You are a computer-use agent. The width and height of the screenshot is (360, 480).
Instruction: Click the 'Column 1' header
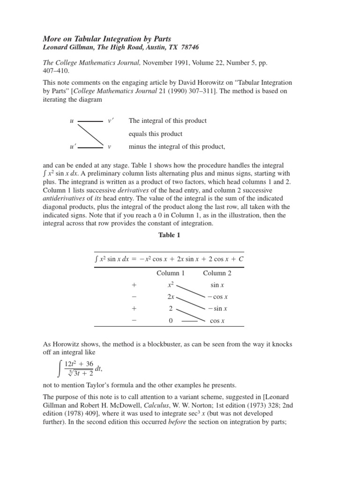coord(171,273)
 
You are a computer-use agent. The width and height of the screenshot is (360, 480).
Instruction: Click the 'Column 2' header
coord(217,273)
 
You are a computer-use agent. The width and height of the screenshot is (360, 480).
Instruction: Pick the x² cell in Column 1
coord(171,285)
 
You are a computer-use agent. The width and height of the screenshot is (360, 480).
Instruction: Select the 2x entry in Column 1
coord(171,297)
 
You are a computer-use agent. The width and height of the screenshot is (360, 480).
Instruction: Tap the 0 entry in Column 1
coord(171,321)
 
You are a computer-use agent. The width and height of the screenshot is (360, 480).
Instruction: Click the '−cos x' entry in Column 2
coord(217,297)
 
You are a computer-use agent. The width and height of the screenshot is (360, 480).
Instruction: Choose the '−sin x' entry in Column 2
coord(217,309)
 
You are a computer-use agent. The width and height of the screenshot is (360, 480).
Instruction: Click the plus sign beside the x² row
coord(134,285)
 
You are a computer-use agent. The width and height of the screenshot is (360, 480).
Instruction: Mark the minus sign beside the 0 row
coord(134,321)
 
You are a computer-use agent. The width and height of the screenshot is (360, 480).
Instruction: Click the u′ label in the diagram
coord(72,147)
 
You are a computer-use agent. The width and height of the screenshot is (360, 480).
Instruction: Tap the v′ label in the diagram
coord(111,121)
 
